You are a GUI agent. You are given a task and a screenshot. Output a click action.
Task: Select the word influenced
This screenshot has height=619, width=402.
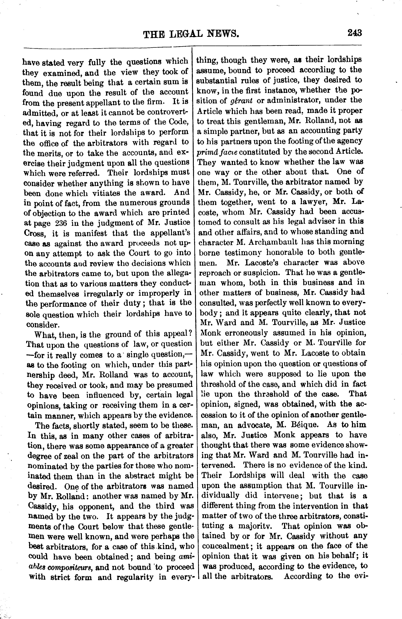point(112,395)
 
